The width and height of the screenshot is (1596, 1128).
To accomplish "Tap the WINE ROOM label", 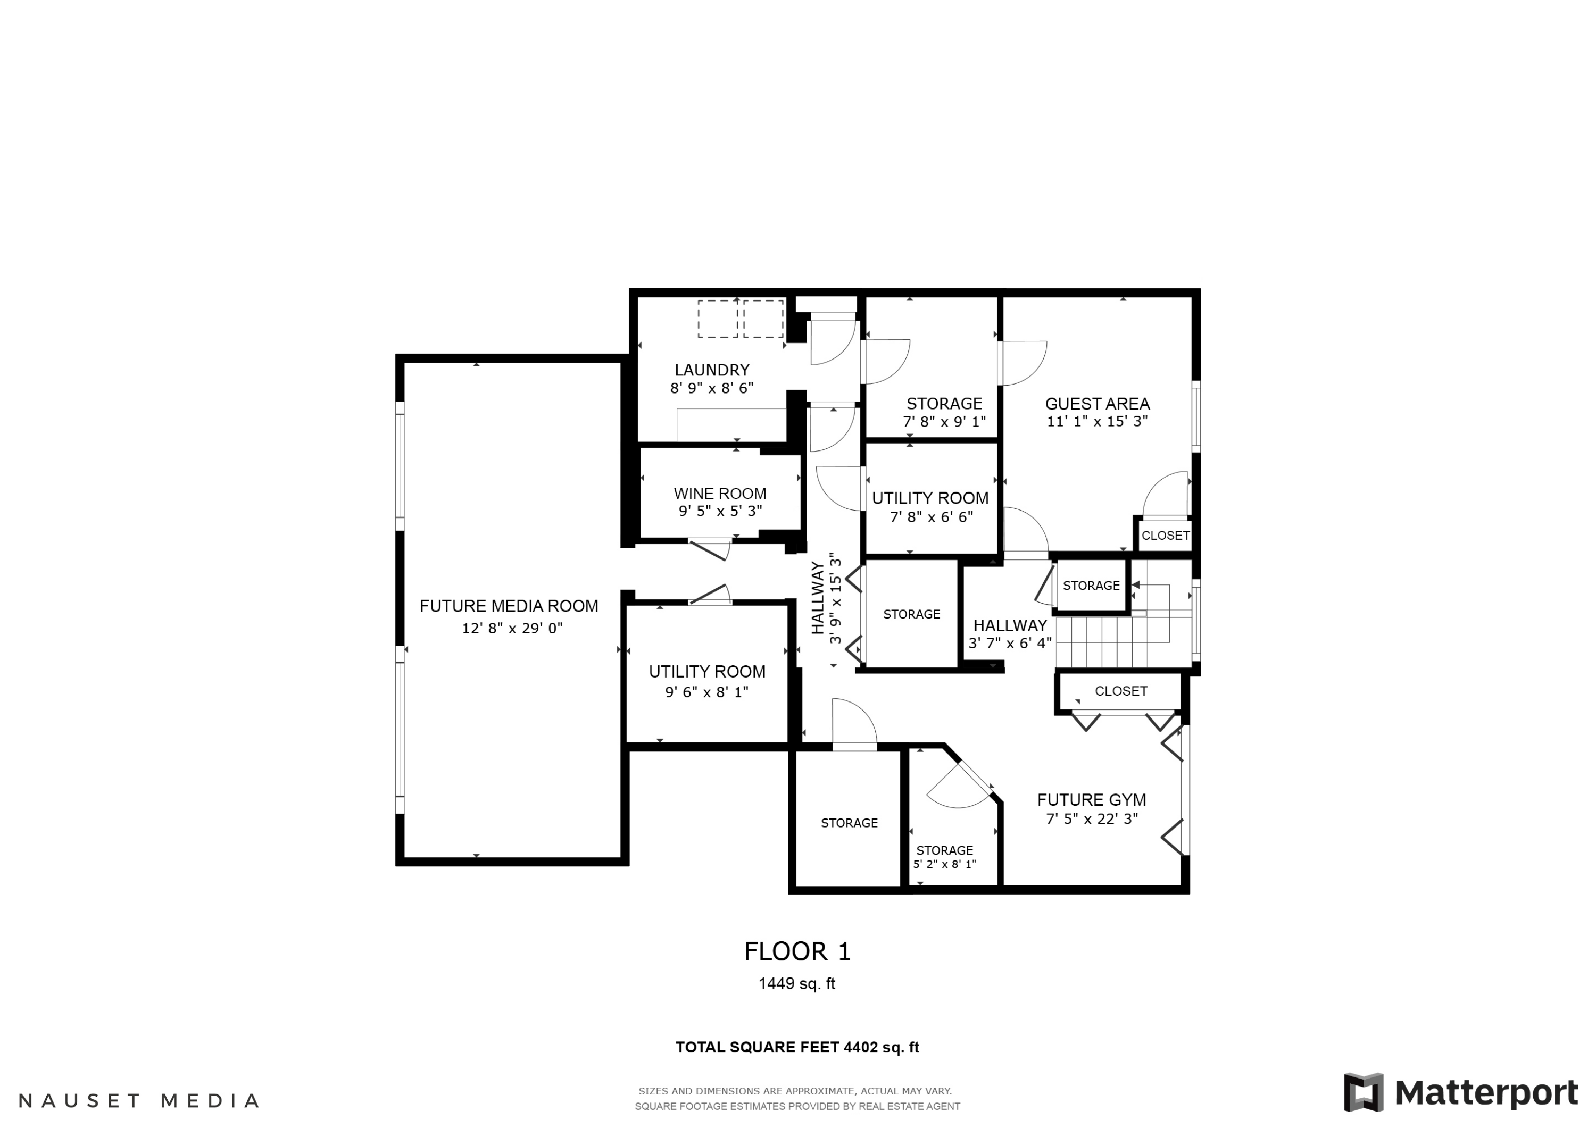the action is [720, 494].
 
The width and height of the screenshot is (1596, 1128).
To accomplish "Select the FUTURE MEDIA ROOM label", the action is [509, 606].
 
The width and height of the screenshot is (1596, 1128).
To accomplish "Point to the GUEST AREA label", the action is [1098, 404].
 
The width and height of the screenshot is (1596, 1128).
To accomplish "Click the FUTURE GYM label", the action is [1091, 800].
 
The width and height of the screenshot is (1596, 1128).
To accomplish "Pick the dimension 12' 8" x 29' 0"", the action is [512, 628].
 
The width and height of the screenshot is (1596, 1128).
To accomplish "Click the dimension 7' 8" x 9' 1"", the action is [944, 422].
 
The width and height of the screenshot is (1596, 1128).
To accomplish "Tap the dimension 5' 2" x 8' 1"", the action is [945, 865].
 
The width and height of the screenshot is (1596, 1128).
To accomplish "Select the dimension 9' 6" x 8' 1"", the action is [707, 692].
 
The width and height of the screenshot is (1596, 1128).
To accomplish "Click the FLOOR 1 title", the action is [797, 951].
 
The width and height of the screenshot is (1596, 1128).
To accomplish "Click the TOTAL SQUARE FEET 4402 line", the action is [797, 1047].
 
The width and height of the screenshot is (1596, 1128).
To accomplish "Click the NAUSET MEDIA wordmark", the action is [138, 1101].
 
